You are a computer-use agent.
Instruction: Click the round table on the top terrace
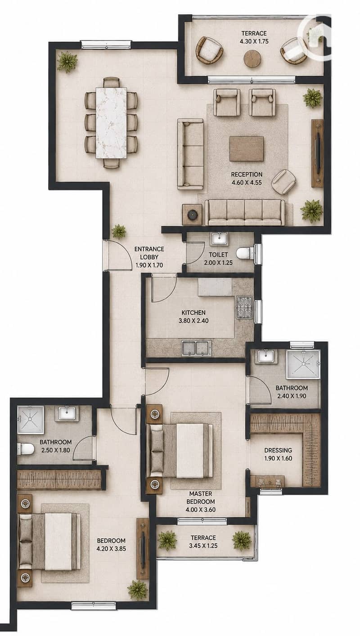(252, 59)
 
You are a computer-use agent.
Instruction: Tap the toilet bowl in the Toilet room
(245, 253)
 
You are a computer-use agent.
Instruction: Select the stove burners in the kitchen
(244, 307)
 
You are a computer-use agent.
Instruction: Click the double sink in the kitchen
(197, 349)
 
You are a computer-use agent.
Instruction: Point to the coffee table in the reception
(246, 149)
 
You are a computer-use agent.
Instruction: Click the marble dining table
(112, 123)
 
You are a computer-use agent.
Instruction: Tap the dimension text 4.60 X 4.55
(247, 182)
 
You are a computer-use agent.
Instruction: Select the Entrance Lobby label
(149, 253)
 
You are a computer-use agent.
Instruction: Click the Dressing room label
(278, 450)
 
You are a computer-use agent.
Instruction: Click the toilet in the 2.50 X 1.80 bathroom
(26, 448)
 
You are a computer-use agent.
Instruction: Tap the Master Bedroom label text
(201, 498)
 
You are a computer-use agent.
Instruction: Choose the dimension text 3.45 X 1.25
(203, 546)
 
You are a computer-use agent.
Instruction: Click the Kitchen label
(193, 312)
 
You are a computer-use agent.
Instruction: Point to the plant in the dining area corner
(67, 61)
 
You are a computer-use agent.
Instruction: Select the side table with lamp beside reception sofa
(192, 215)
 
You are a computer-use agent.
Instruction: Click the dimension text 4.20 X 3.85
(111, 549)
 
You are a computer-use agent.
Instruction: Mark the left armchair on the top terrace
(209, 50)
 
